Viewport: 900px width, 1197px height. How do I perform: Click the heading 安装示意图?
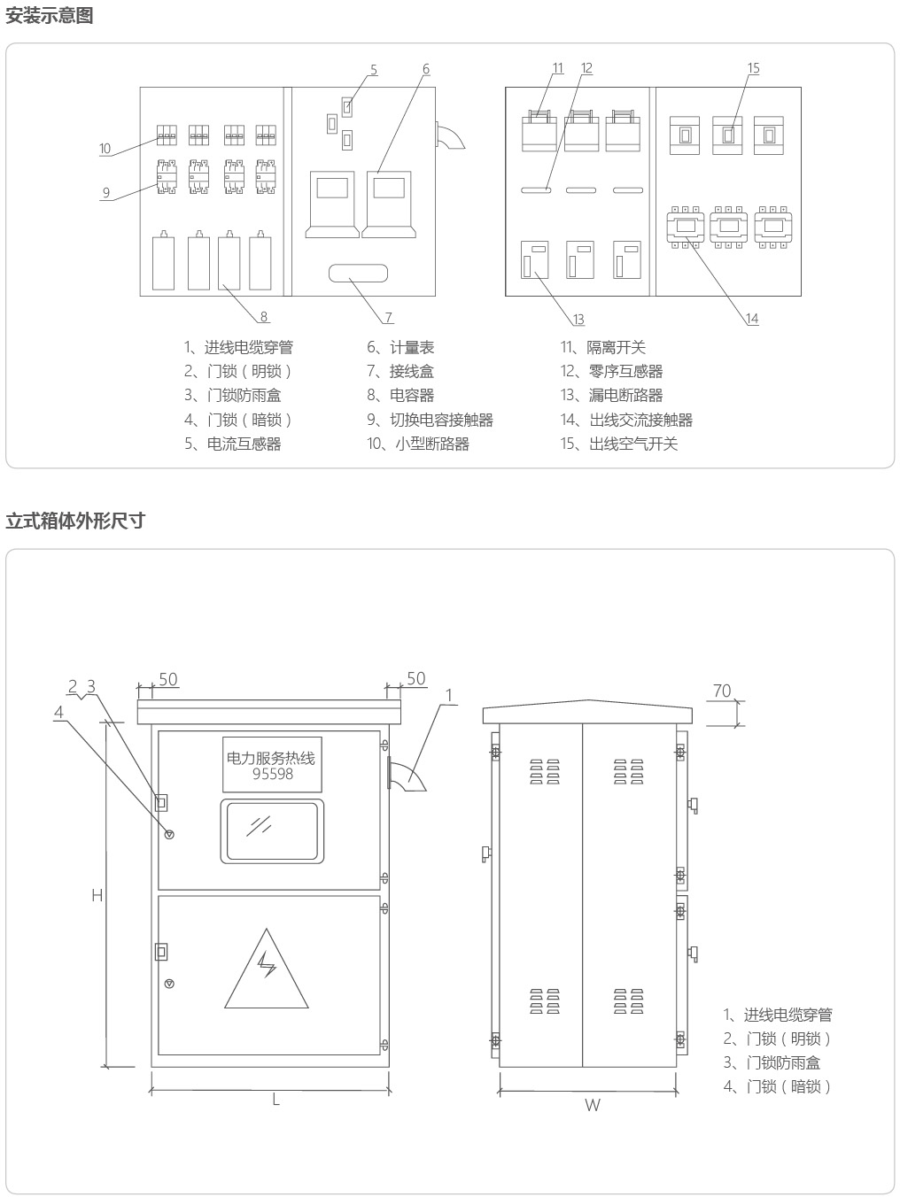49,15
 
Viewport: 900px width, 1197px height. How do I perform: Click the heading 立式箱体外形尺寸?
75,521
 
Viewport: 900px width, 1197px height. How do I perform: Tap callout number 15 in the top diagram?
753,68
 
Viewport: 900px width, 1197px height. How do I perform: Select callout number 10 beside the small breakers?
105,149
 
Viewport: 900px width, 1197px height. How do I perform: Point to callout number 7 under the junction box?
388,317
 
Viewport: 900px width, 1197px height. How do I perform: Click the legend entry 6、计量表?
400,347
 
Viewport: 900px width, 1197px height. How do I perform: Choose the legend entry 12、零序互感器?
611,371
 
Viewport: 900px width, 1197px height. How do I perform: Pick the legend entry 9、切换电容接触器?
430,420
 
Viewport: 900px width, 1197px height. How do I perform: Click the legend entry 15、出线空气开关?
619,444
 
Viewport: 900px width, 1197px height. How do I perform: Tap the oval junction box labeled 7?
359,274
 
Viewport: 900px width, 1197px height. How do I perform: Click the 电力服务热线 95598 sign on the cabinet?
272,765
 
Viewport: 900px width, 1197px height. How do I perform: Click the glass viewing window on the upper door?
272,831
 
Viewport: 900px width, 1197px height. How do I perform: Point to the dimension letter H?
97,895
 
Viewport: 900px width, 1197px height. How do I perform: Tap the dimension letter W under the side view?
593,1106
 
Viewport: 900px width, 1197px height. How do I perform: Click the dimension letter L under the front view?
276,1100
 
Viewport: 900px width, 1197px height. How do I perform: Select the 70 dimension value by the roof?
722,691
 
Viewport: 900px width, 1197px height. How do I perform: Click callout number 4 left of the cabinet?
59,712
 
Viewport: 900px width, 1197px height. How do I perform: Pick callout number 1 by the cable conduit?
449,695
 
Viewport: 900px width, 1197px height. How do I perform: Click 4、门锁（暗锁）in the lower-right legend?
777,1086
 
